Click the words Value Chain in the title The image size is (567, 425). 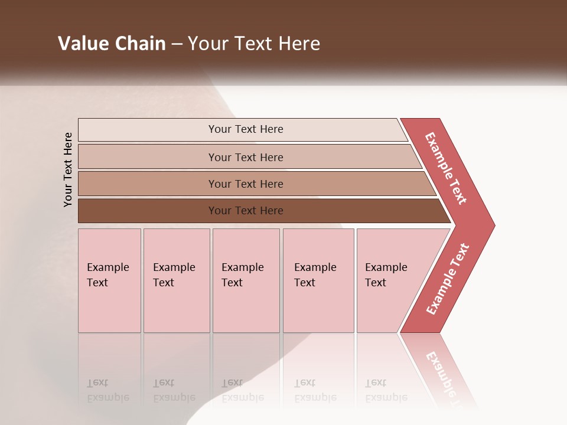(x=112, y=44)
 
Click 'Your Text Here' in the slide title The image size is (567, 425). (x=254, y=44)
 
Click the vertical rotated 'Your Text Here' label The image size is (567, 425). (x=68, y=169)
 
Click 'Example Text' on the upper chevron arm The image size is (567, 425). (x=446, y=168)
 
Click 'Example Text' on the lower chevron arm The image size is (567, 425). (x=448, y=279)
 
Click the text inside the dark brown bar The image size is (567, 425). (x=246, y=211)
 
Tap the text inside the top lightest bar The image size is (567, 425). (x=246, y=129)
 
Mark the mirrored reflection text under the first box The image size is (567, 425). (x=107, y=391)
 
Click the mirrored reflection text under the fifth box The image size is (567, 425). (x=386, y=391)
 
